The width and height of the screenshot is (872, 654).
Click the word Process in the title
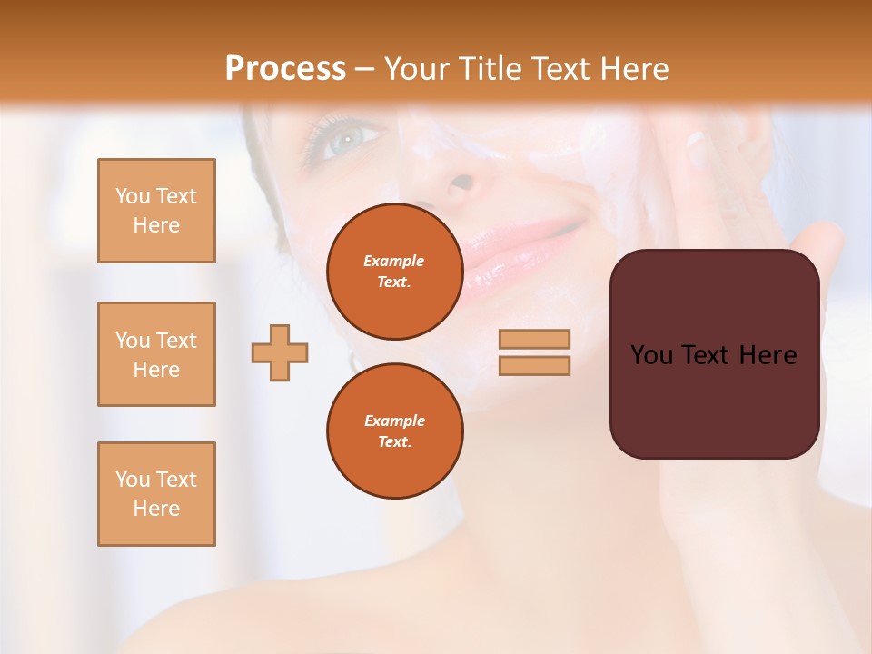tap(285, 69)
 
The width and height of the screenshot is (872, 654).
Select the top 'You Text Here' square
tap(156, 211)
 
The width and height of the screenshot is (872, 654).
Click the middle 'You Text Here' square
tap(156, 354)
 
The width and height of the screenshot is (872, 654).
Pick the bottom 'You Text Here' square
tap(156, 494)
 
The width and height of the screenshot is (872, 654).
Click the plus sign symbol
tap(280, 352)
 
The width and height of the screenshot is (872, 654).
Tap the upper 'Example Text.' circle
tap(394, 272)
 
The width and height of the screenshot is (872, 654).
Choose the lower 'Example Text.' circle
tap(394, 431)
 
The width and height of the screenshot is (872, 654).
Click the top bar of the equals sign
tap(534, 339)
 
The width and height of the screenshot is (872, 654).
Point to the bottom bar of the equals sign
tap(534, 365)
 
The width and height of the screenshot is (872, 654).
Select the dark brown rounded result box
tap(714, 353)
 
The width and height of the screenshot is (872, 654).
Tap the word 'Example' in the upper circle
tap(394, 261)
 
